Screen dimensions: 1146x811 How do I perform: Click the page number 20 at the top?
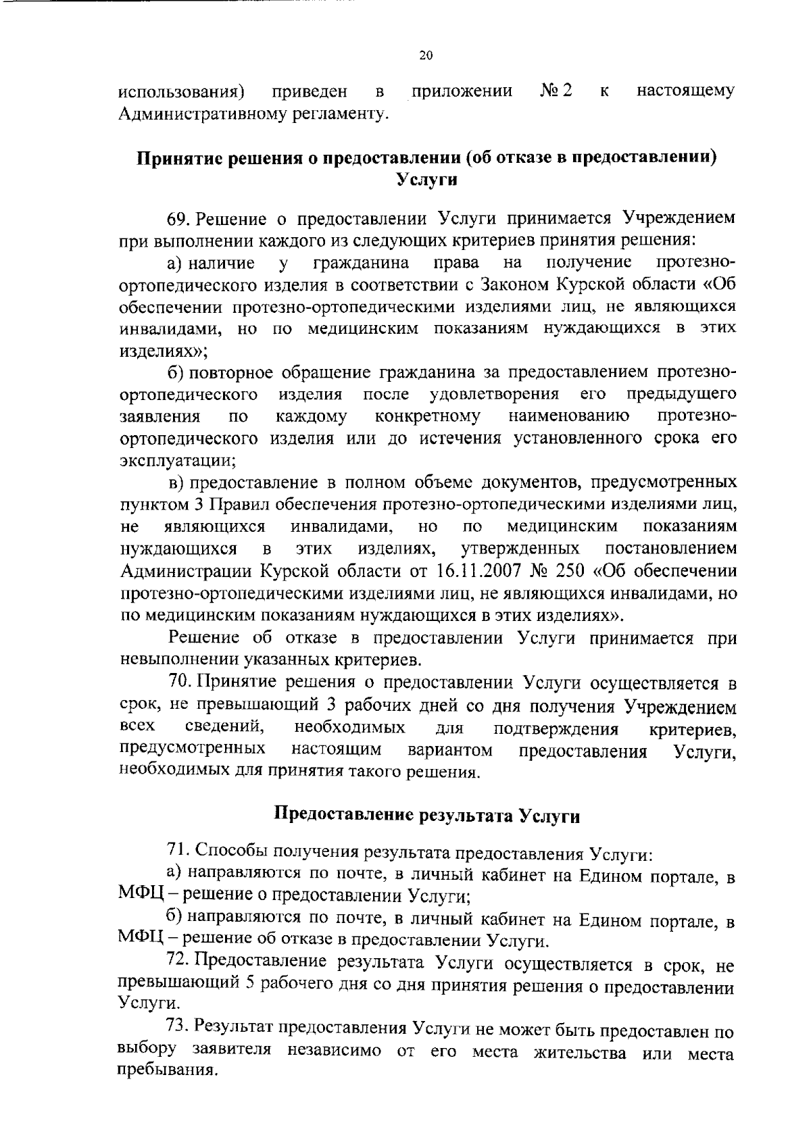pos(425,56)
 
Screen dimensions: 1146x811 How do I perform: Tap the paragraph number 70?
pos(180,683)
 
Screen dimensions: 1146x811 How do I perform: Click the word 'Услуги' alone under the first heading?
pos(426,180)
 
